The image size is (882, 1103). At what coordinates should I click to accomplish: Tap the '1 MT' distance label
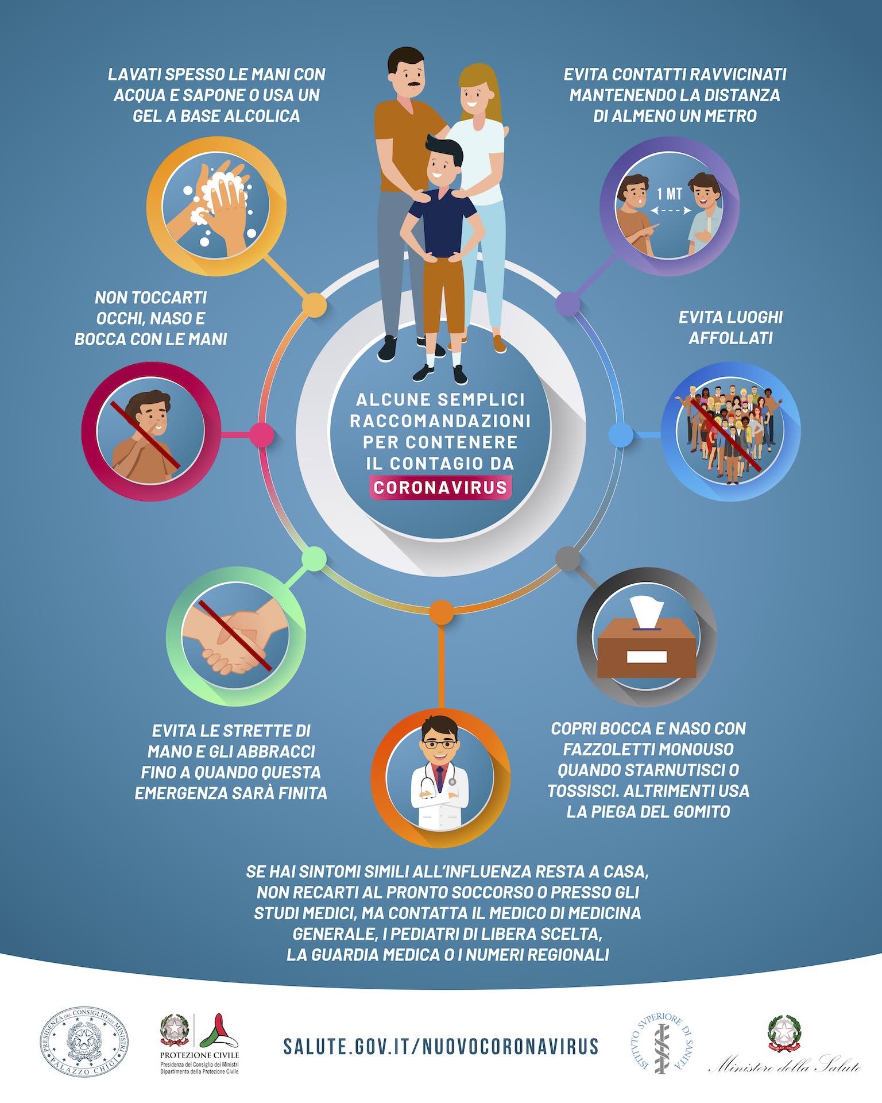pyautogui.click(x=670, y=194)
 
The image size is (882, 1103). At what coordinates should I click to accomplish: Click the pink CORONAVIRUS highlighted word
pyautogui.click(x=440, y=488)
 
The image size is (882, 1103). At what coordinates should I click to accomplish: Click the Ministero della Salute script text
pyautogui.click(x=784, y=1067)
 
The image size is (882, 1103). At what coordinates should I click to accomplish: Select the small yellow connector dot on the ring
pyautogui.click(x=314, y=304)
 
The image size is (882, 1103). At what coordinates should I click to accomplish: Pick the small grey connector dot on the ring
pyautogui.click(x=567, y=558)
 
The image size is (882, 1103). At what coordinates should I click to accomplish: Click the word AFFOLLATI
pyautogui.click(x=730, y=338)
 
